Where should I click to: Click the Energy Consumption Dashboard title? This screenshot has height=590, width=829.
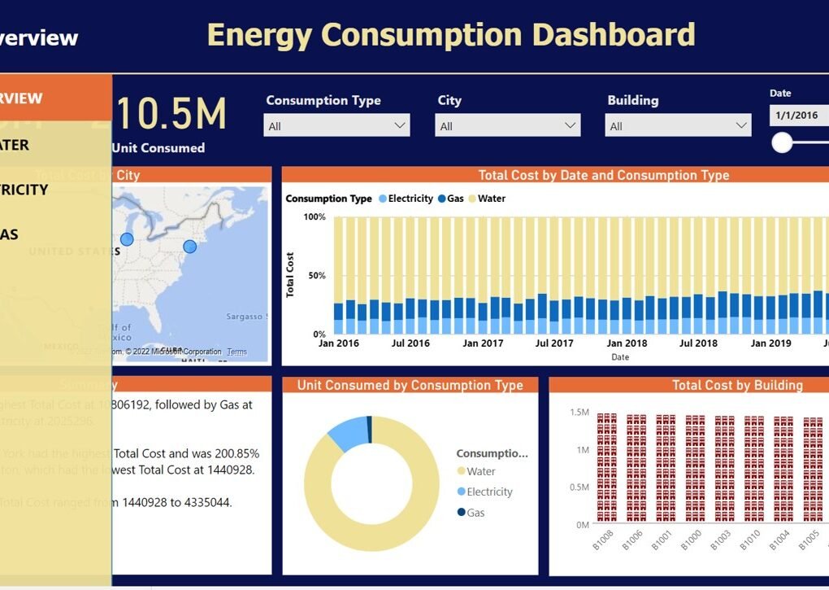click(451, 35)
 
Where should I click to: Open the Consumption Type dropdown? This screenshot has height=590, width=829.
click(336, 125)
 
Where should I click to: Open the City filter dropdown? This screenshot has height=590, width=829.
click(508, 125)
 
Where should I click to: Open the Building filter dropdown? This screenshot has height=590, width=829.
click(678, 125)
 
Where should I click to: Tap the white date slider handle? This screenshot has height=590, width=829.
click(782, 143)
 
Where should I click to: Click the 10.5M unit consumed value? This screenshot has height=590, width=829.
click(170, 114)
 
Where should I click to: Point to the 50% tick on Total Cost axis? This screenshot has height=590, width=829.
click(315, 276)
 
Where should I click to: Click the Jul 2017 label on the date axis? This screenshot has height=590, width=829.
click(554, 343)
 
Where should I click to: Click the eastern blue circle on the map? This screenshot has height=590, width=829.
click(189, 247)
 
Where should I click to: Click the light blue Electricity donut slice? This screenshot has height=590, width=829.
click(348, 431)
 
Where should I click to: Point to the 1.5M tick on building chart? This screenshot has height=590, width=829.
click(579, 413)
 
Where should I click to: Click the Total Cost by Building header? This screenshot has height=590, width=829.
click(737, 386)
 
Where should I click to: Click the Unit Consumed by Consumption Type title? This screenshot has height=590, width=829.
click(410, 386)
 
